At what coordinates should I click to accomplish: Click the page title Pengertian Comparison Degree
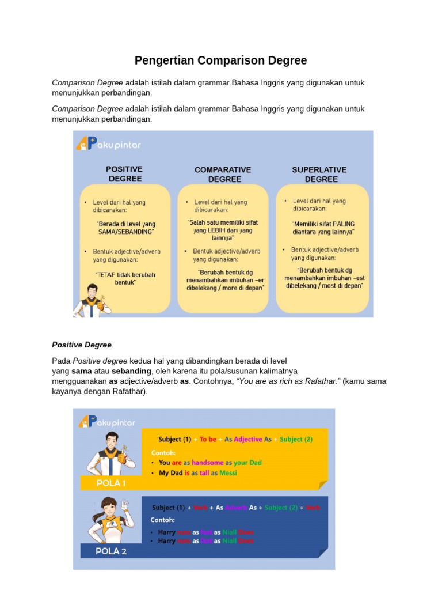click(220, 60)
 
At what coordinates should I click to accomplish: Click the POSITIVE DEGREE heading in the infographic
click(124, 173)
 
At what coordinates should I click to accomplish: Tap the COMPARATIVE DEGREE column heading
click(223, 174)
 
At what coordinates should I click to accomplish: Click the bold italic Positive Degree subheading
click(82, 345)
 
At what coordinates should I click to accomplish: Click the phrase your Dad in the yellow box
click(248, 463)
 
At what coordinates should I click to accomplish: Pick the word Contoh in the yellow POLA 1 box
click(163, 452)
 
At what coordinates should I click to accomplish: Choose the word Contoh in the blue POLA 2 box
click(163, 520)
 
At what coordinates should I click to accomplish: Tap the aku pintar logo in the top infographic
click(109, 143)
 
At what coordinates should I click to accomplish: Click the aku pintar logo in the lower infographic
click(107, 422)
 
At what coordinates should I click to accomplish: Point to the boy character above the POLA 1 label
click(109, 452)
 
